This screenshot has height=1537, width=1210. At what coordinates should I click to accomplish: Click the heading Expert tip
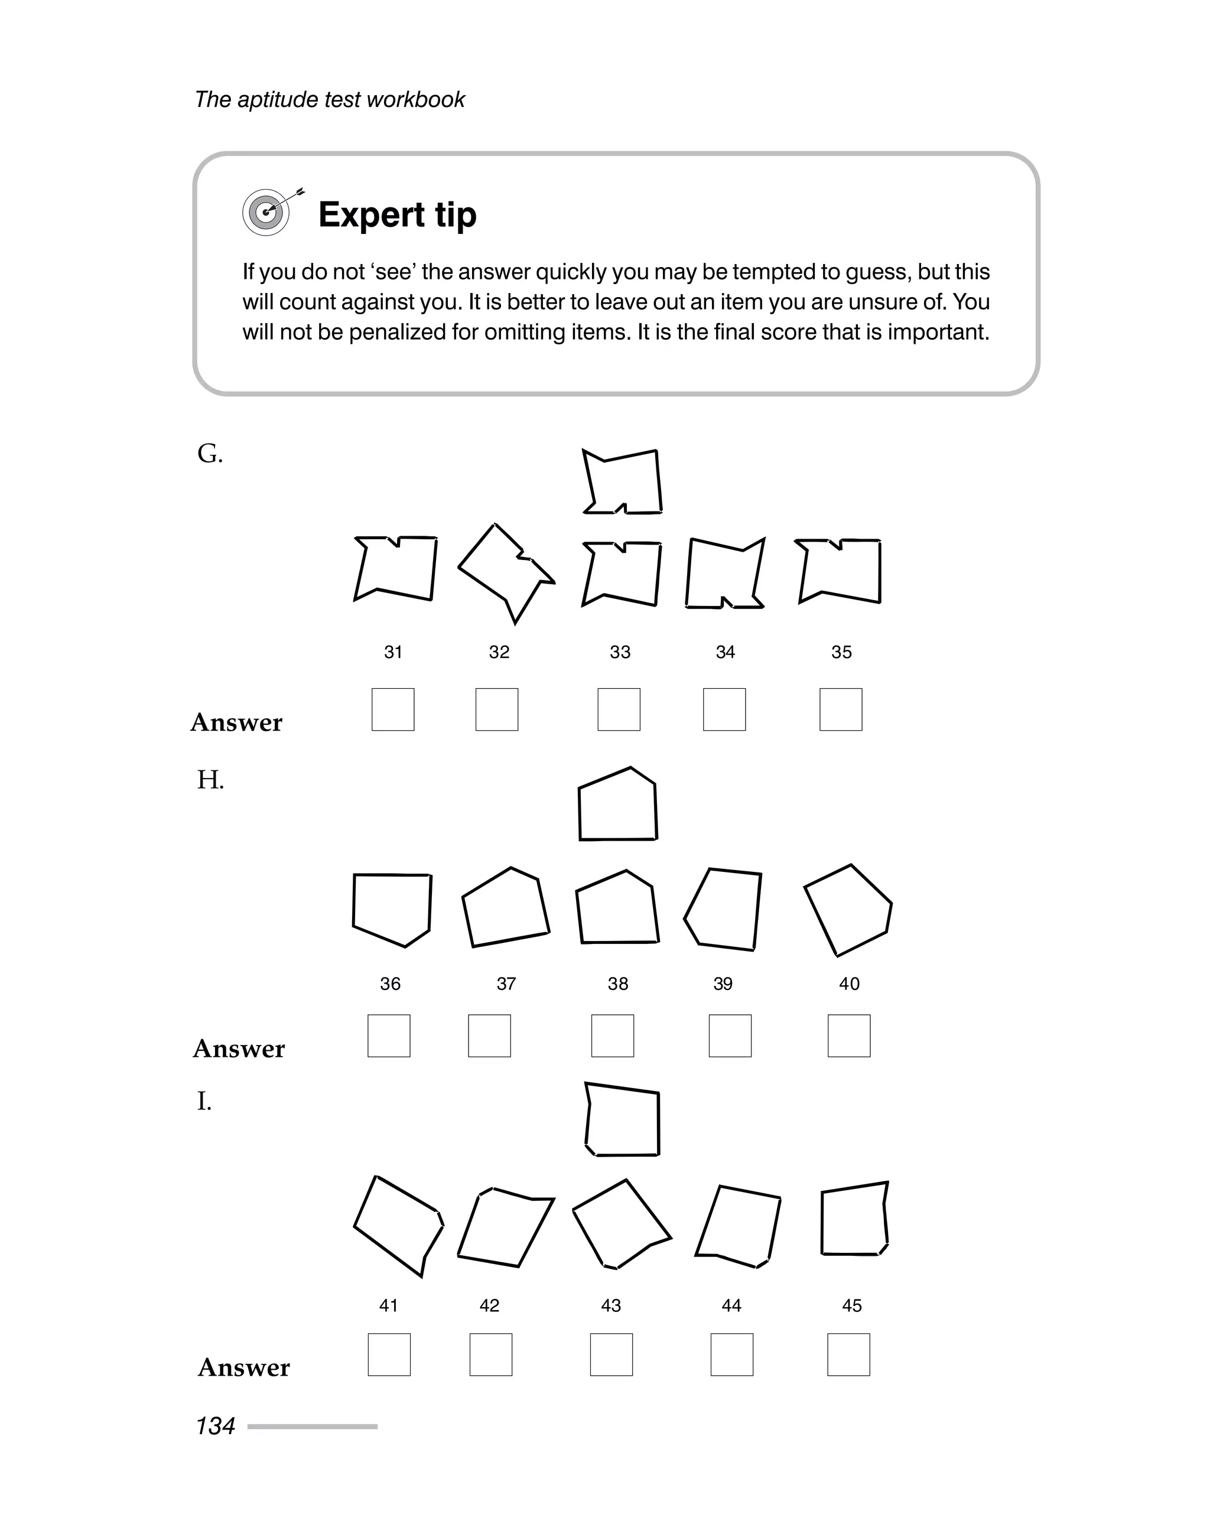click(x=398, y=214)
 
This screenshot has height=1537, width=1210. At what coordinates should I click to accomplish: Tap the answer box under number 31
click(x=392, y=709)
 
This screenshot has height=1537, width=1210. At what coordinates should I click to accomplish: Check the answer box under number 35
click(x=841, y=709)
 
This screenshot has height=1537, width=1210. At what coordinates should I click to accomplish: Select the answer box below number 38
click(x=613, y=1035)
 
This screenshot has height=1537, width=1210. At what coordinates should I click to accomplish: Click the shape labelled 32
click(x=505, y=572)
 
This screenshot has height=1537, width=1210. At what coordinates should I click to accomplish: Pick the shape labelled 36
click(x=392, y=908)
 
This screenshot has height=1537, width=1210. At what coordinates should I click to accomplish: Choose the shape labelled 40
click(x=848, y=910)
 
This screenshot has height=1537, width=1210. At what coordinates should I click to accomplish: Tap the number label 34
click(x=726, y=652)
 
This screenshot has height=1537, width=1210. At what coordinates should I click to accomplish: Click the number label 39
click(x=723, y=984)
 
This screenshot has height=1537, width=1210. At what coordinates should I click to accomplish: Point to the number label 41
click(x=389, y=1305)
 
